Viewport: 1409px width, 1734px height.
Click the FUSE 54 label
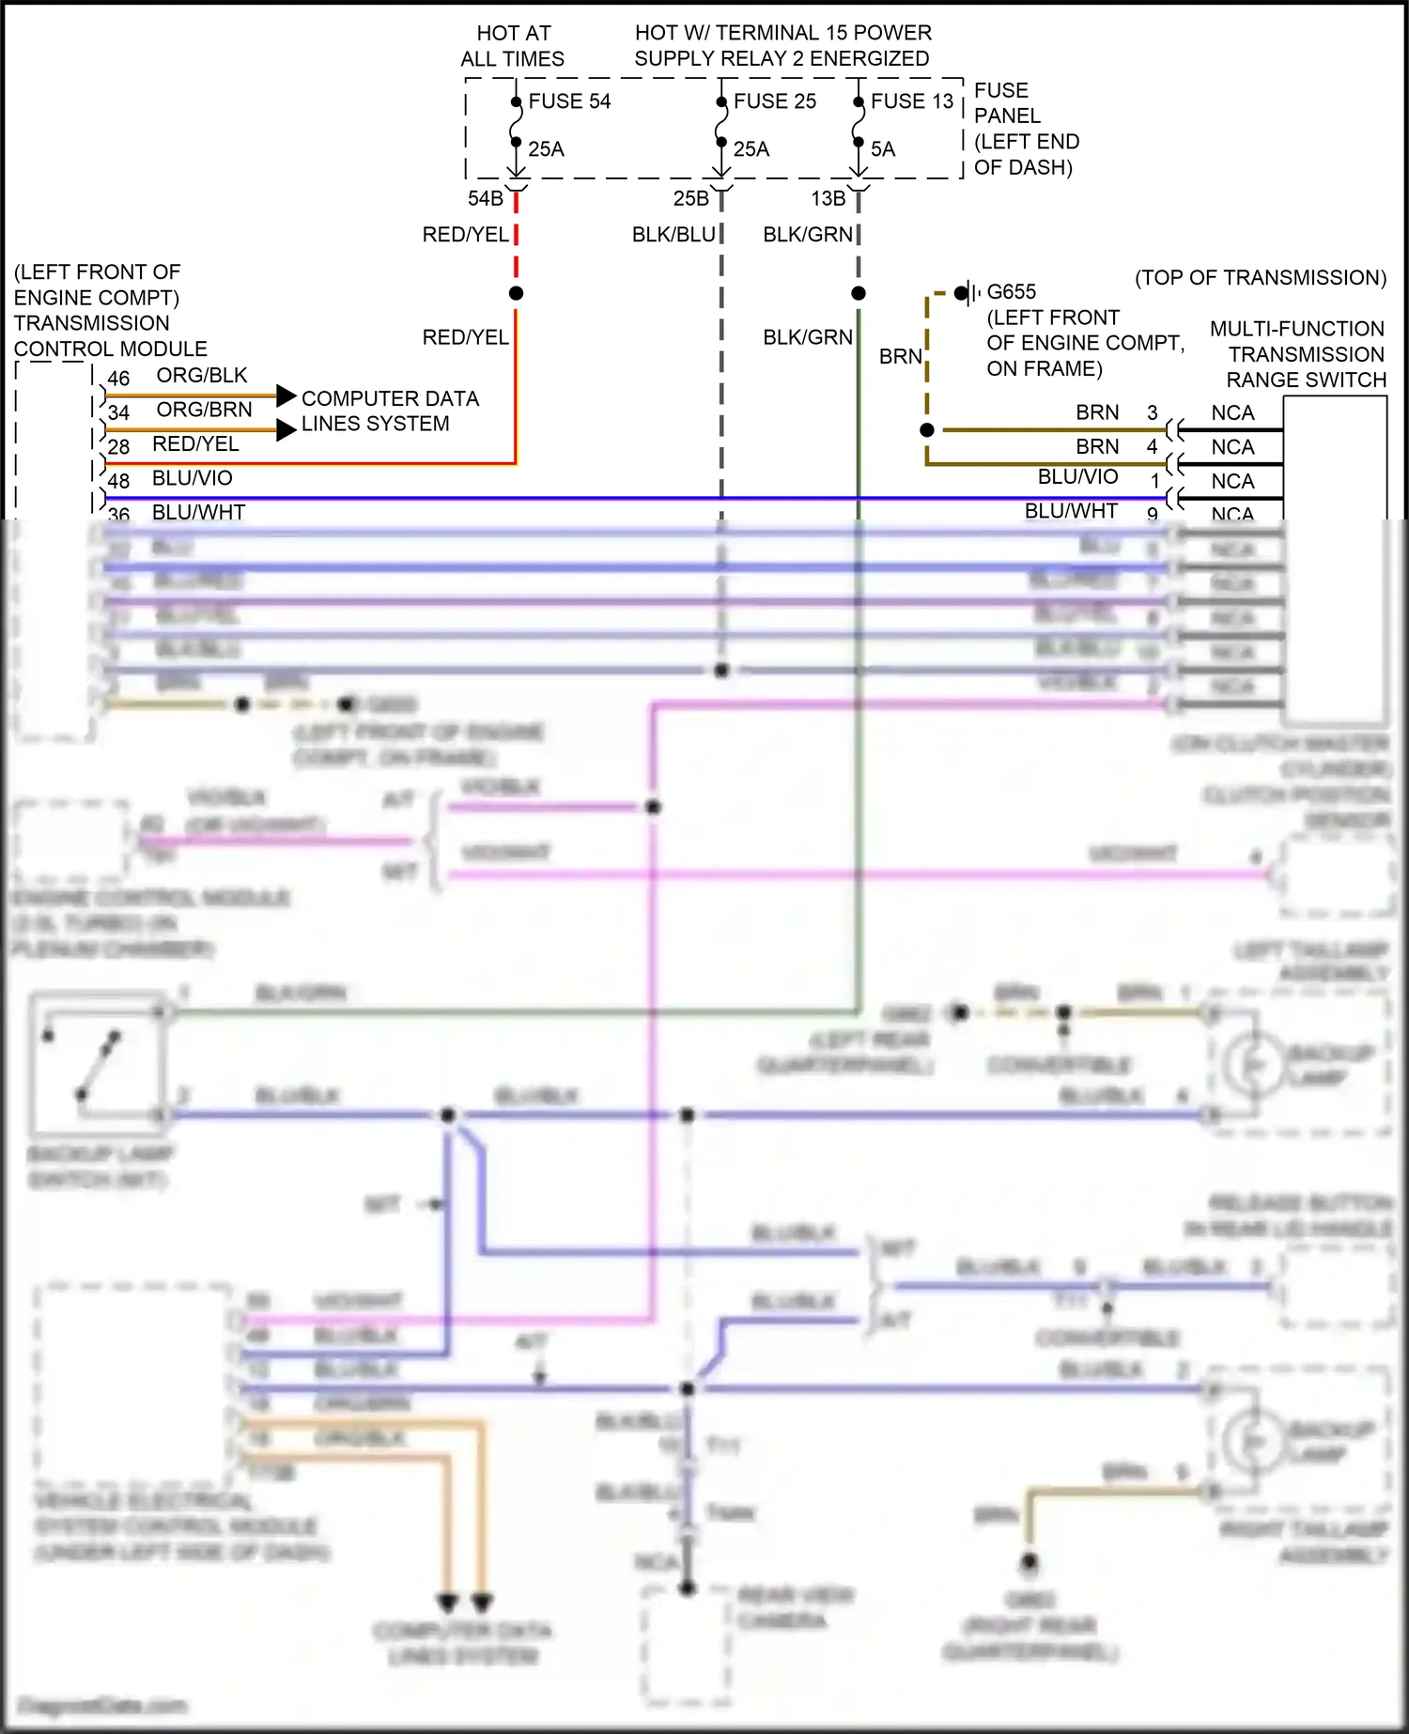pyautogui.click(x=569, y=101)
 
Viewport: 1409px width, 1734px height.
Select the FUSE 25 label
pyautogui.click(x=775, y=101)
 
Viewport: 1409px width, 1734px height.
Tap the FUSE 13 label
pyautogui.click(x=911, y=101)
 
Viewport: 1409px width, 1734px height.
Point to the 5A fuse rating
pyautogui.click(x=883, y=149)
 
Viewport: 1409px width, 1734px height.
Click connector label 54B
pyautogui.click(x=486, y=199)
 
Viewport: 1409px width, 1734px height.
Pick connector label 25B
pyautogui.click(x=691, y=199)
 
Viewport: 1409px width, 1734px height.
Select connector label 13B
pyautogui.click(x=828, y=199)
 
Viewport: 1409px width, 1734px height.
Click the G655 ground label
pyautogui.click(x=1012, y=292)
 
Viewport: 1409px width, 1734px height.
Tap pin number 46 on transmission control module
pyautogui.click(x=118, y=379)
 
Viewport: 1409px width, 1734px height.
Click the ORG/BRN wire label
pyautogui.click(x=204, y=410)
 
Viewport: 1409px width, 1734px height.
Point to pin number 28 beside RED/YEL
pyautogui.click(x=118, y=447)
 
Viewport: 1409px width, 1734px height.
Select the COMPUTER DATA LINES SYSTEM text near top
pyautogui.click(x=389, y=411)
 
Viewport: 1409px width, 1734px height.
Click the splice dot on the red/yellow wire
pyautogui.click(x=516, y=294)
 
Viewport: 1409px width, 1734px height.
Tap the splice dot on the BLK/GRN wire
pyautogui.click(x=859, y=294)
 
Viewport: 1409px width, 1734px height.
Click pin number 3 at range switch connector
pyautogui.click(x=1153, y=413)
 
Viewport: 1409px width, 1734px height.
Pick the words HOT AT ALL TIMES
pyautogui.click(x=513, y=46)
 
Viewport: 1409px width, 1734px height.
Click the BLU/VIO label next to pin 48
pyautogui.click(x=193, y=478)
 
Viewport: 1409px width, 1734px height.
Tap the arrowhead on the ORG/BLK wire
pyautogui.click(x=286, y=395)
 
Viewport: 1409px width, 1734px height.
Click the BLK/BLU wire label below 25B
pyautogui.click(x=674, y=235)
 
